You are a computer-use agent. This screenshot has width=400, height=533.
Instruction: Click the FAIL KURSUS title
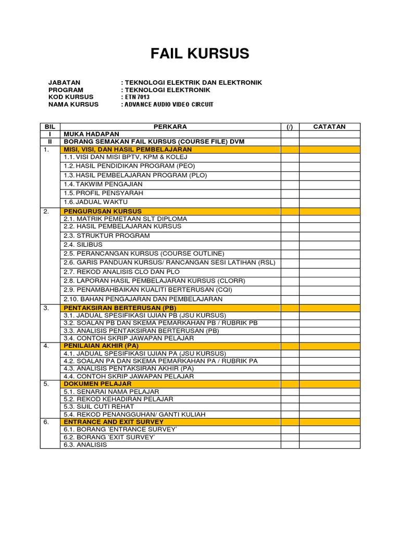pos(200,54)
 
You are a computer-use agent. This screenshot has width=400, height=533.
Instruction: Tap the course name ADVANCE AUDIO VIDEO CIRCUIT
pos(168,105)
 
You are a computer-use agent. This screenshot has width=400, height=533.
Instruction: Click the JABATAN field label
pos(64,82)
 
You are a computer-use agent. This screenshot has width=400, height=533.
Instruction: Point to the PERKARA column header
pos(170,126)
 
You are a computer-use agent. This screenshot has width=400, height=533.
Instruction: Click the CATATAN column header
pos(329,126)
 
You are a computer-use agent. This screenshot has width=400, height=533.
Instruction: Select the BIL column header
pos(50,126)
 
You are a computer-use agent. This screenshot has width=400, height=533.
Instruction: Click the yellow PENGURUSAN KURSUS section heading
pos(102,211)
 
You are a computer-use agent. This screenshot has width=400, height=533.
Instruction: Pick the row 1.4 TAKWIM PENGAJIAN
pos(103,184)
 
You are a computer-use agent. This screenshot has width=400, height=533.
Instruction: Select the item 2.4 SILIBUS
pos(83,244)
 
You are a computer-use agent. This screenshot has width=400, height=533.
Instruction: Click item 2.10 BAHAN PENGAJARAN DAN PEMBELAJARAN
pos(143,299)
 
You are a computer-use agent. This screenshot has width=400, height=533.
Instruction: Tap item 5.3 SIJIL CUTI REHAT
pos(98,406)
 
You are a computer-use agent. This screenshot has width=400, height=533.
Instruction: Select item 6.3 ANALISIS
pos(85,445)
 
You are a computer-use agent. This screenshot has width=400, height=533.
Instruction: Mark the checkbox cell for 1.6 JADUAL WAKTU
pos(290,202)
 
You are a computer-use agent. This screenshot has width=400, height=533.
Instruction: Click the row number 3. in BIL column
pos(46,308)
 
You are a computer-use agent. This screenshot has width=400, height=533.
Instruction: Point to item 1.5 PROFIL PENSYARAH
pos(103,193)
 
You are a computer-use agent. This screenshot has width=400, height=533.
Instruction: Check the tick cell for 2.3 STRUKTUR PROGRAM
pos(290,235)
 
